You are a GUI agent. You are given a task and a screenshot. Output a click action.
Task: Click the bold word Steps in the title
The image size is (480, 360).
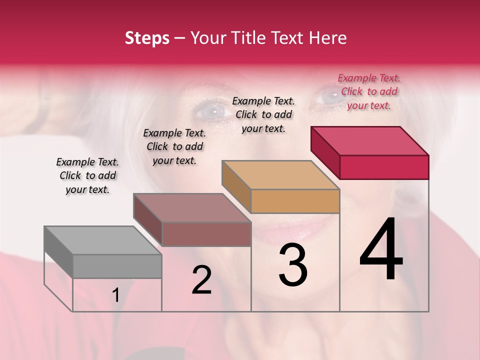coord(147,38)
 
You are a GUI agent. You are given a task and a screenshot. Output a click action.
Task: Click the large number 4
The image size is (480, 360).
coord(381,250)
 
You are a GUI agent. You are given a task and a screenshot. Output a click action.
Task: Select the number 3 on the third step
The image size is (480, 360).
coord(292,265)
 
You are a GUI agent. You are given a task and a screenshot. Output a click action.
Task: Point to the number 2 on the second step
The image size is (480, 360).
coord(201,280)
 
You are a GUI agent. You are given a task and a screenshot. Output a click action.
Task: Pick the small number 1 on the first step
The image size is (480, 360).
coord(115,295)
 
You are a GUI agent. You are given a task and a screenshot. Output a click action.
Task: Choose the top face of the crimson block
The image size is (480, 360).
coord(370,140)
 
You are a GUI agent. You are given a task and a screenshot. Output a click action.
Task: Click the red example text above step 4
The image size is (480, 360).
coord(369,91)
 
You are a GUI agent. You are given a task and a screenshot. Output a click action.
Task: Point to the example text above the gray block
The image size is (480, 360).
coord(87,175)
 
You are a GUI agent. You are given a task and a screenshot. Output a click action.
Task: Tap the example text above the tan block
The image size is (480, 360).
coord(263,114)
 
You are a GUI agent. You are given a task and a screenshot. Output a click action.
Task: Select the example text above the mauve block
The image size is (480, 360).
coord(174,146)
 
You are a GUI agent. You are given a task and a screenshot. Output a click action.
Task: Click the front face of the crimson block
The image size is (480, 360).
coord(384,167)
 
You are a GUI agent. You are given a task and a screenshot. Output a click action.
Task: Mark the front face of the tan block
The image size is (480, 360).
coord(295,201)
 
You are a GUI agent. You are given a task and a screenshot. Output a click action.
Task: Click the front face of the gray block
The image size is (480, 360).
coord(117,266)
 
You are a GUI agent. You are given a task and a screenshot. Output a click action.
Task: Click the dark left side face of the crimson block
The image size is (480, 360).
coord(325,151)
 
